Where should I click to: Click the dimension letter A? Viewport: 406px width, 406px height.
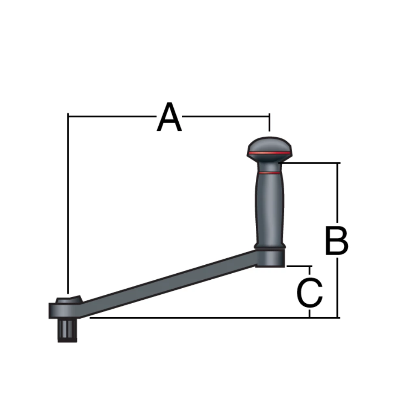(x=169, y=118)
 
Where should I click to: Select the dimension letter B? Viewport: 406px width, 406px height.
(x=337, y=242)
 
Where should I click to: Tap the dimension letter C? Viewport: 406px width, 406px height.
(x=310, y=293)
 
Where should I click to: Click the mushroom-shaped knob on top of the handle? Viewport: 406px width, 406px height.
(x=269, y=146)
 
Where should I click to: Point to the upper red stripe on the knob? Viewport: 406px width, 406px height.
(x=269, y=153)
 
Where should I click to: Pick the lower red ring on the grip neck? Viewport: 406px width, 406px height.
(x=269, y=173)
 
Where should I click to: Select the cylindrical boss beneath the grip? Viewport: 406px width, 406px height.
(x=270, y=258)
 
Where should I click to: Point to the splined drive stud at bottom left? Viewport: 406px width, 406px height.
(x=67, y=330)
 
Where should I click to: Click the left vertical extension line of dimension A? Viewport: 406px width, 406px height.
(x=68, y=203)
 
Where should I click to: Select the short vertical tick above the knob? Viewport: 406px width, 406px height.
(x=269, y=124)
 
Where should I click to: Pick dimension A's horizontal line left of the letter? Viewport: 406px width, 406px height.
(x=112, y=116)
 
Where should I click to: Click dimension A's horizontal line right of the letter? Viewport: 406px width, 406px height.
(x=225, y=116)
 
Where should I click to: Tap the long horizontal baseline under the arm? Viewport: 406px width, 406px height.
(x=203, y=317)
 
